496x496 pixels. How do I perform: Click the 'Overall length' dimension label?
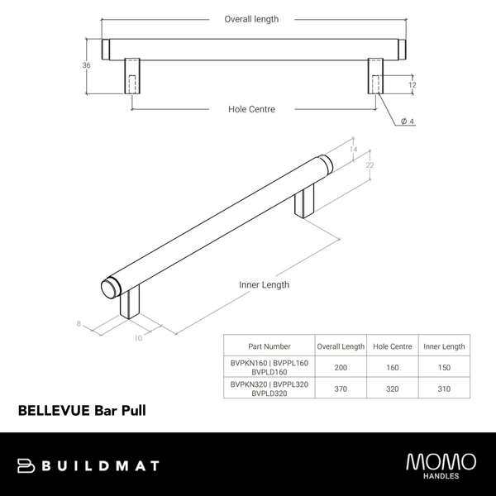(251, 19)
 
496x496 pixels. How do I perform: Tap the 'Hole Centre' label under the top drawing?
(251, 109)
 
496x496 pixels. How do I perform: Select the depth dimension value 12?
(412, 84)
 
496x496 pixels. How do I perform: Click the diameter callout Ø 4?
(407, 122)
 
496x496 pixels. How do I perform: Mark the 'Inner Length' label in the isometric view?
(264, 285)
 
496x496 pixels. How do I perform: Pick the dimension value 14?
(353, 150)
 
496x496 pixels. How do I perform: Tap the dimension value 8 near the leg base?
(79, 324)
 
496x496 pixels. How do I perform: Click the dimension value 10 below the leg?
(138, 337)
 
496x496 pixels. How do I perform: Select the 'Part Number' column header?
(269, 346)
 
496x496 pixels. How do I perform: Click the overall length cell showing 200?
(340, 366)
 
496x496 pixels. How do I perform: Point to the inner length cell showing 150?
(443, 366)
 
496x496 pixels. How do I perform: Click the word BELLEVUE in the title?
(54, 409)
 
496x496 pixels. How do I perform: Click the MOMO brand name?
(441, 460)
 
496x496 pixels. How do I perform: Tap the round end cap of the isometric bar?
(109, 288)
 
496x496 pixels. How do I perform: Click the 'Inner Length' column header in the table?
(443, 346)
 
